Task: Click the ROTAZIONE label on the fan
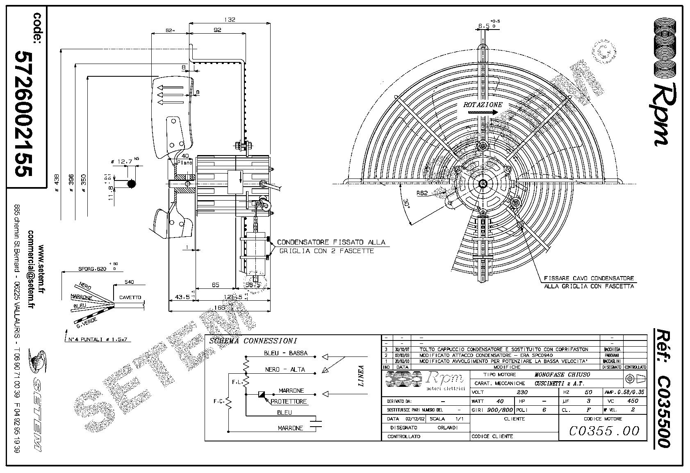pos(482,105)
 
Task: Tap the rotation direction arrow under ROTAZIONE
pos(483,112)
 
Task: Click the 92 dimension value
pos(217,30)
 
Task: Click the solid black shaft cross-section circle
pos(131,184)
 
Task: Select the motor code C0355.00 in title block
pos(604,431)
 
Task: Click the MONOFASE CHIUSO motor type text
pos(562,375)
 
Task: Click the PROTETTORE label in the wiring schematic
pos(289,402)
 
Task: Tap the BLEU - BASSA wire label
pos(285,353)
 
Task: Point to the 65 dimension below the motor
pos(216,285)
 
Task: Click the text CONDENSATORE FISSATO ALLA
pos(331,242)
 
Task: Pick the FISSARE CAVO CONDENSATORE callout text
pos(589,278)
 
